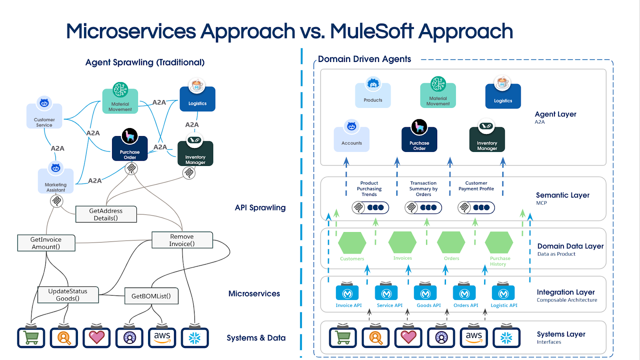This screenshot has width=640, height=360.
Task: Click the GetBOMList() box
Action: pyautogui.click(x=151, y=296)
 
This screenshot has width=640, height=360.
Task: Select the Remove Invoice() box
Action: pyautogui.click(x=182, y=240)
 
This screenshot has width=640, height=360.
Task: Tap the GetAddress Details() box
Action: pyautogui.click(x=106, y=214)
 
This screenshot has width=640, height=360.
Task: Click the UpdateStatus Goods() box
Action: pyautogui.click(x=68, y=295)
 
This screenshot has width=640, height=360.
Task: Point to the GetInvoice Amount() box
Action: pyautogui.click(x=46, y=243)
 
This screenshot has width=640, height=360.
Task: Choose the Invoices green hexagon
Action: pyautogui.click(x=402, y=242)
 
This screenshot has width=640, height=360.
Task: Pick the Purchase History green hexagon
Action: pyautogui.click(x=499, y=242)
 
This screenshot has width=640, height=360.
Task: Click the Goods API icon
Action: pyautogui.click(x=425, y=294)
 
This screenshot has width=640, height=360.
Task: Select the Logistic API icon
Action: pyautogui.click(x=503, y=294)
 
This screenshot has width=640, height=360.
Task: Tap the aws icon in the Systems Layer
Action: pyautogui.click(x=474, y=338)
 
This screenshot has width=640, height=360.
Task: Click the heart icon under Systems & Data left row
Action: pyautogui.click(x=97, y=338)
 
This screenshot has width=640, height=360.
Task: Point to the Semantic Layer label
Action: pyautogui.click(x=562, y=195)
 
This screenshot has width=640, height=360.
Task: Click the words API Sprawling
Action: pyautogui.click(x=260, y=208)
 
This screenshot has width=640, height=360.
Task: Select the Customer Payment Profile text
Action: pyautogui.click(x=476, y=186)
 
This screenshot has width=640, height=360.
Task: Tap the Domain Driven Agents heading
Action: pyautogui.click(x=364, y=59)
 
